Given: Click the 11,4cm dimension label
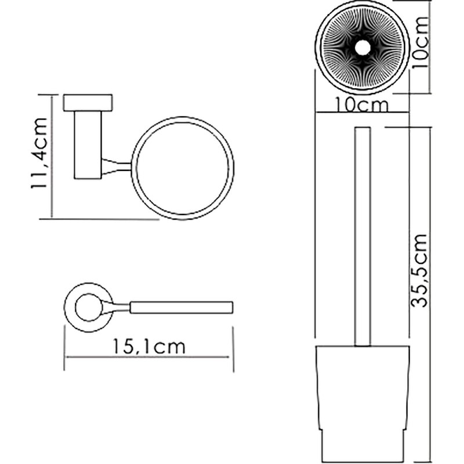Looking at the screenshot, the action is click(39, 153).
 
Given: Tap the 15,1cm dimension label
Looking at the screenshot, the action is click(149, 346).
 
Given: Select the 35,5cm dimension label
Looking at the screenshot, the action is click(420, 270).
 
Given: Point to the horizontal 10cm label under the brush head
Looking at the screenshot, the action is click(361, 105).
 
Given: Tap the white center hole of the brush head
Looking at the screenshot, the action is click(362, 48).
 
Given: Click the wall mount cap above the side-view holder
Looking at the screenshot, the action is click(88, 103).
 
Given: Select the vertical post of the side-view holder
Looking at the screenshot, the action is click(88, 145).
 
